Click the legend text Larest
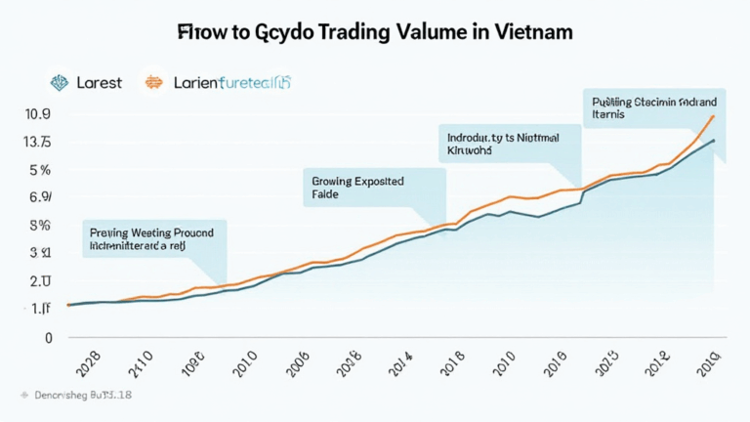99,83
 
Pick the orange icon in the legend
153,82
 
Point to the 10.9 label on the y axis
37,114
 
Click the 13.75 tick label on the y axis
38,143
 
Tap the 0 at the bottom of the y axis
46,338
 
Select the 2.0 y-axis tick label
40,281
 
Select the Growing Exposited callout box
374,188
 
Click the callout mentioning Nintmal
508,146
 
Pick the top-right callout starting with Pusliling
652,108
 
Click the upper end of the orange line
715,116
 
